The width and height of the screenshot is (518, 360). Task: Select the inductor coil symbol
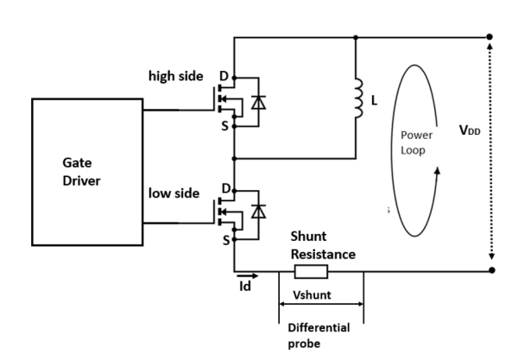tap(356, 100)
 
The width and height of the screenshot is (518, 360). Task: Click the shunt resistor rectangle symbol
tap(311, 272)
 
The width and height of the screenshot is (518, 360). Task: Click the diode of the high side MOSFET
tap(257, 103)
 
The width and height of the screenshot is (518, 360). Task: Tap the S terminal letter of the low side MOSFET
tap(225, 239)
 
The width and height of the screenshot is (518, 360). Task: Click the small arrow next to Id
tap(247, 275)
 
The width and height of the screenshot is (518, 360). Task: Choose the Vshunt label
tap(320, 294)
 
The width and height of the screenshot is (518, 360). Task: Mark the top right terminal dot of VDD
tap(490, 37)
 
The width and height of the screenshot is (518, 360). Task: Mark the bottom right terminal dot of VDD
tap(490, 271)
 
